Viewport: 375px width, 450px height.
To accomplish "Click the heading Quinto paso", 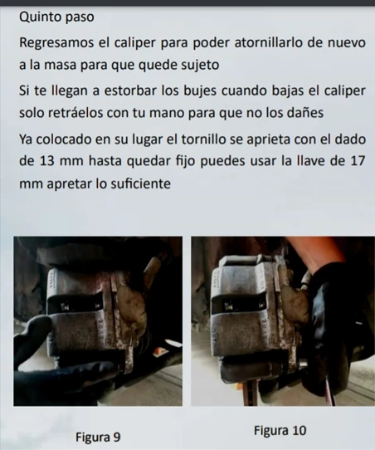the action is tap(56, 17).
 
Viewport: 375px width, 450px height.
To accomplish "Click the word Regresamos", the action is tap(56, 43).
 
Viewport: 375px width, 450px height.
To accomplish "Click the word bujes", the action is tap(200, 91).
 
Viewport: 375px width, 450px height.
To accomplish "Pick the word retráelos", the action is tap(75, 113).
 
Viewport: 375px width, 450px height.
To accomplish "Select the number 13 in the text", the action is tap(47, 161).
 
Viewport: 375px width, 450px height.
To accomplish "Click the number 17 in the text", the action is tap(358, 161).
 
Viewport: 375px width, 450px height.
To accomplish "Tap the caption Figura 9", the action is tap(98, 437).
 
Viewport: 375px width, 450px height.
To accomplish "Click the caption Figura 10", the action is tap(280, 430).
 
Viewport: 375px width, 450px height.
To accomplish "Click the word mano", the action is tap(167, 114).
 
